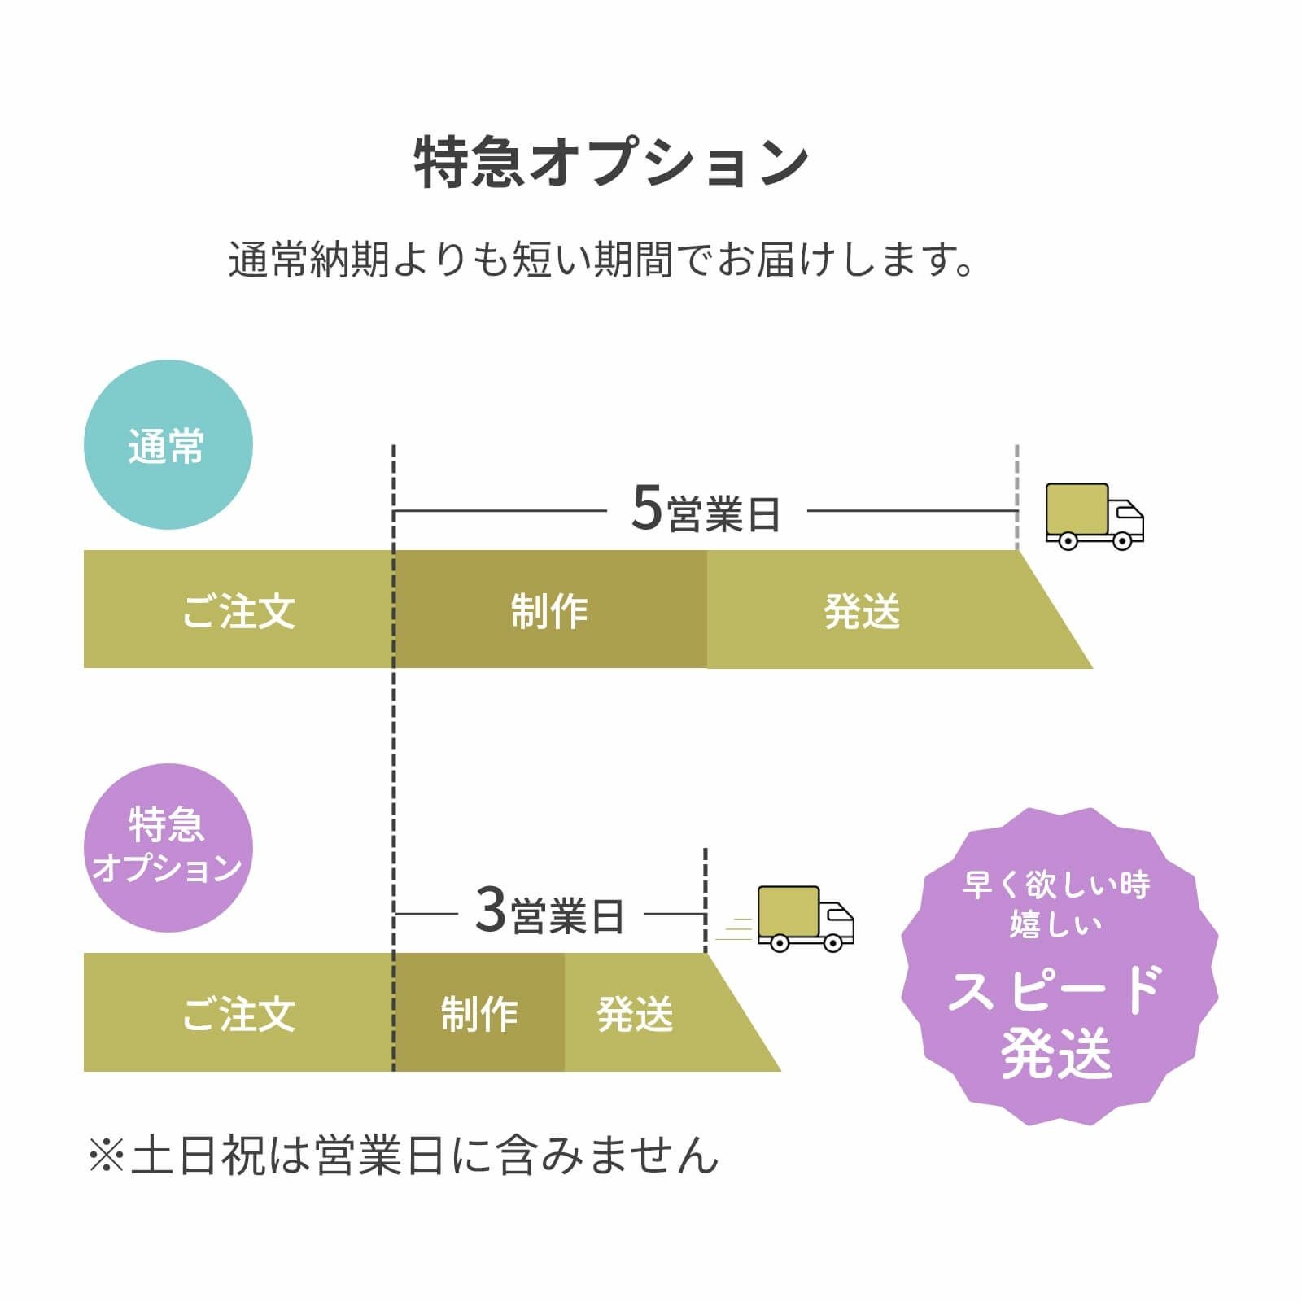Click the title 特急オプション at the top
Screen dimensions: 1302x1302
[611, 163]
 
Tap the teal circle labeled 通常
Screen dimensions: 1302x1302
[168, 445]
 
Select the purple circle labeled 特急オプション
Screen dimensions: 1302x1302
[168, 847]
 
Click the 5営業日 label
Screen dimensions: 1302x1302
[706, 510]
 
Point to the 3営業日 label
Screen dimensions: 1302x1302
[549, 912]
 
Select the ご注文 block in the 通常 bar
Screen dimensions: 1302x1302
[238, 609]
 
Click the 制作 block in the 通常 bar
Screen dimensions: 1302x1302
[550, 609]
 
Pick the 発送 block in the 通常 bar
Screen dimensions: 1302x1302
[863, 609]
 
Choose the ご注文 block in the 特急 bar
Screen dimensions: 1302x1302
[238, 1012]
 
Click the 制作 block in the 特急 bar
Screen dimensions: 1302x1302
[479, 1012]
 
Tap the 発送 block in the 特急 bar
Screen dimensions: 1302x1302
[636, 1012]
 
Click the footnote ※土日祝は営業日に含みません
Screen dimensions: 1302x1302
[403, 1155]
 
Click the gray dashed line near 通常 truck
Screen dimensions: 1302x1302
[1016, 496]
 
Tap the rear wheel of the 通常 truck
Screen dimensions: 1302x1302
[1068, 540]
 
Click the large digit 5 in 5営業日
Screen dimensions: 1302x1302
[647, 508]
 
